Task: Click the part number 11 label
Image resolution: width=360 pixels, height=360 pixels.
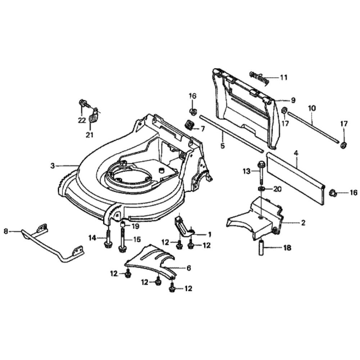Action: coord(284,77)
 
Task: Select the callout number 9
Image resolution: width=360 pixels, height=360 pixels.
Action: coord(293,100)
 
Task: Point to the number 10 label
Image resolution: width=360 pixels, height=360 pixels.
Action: coord(312,108)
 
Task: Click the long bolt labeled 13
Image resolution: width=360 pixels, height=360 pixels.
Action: coord(260,173)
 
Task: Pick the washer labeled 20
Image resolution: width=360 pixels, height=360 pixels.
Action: coord(261,189)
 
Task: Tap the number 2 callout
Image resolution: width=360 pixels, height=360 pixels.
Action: coord(303,223)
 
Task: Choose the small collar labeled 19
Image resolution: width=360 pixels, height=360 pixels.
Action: coord(122,226)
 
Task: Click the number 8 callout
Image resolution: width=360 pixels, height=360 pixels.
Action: coord(5,232)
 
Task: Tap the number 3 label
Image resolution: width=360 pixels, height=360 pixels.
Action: coord(53,166)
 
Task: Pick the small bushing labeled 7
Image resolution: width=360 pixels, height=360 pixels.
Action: coord(189,125)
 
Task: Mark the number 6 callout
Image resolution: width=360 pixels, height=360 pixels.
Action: coord(189,268)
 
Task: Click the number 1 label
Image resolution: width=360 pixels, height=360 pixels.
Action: coord(209,234)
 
